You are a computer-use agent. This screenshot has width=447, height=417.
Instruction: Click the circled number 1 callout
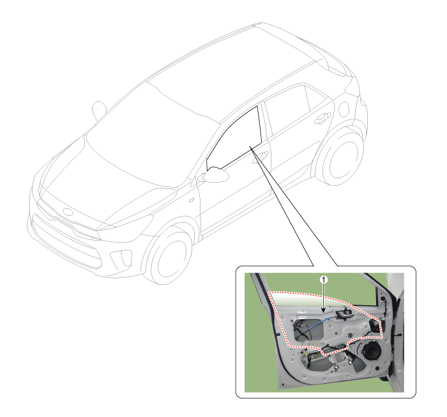pyautogui.click(x=323, y=280)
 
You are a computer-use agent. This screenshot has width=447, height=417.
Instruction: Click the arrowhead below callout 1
pyautogui.click(x=323, y=311)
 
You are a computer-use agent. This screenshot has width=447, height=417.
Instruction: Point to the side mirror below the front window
pyautogui.click(x=215, y=174)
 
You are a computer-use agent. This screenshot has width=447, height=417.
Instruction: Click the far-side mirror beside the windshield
pyautogui.click(x=98, y=110)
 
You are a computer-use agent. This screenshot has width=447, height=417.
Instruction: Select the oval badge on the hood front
pyautogui.click(x=68, y=212)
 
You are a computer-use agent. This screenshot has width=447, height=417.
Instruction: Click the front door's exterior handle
pyautogui.click(x=260, y=156)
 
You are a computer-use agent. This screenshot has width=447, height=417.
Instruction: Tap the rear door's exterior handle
pyautogui.click(x=322, y=118)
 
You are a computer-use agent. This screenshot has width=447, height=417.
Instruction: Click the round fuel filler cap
pyautogui.click(x=344, y=109)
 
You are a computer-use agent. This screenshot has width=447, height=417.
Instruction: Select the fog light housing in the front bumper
pyautogui.click(x=122, y=259)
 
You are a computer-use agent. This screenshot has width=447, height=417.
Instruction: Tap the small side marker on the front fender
pyautogui.click(x=192, y=200)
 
